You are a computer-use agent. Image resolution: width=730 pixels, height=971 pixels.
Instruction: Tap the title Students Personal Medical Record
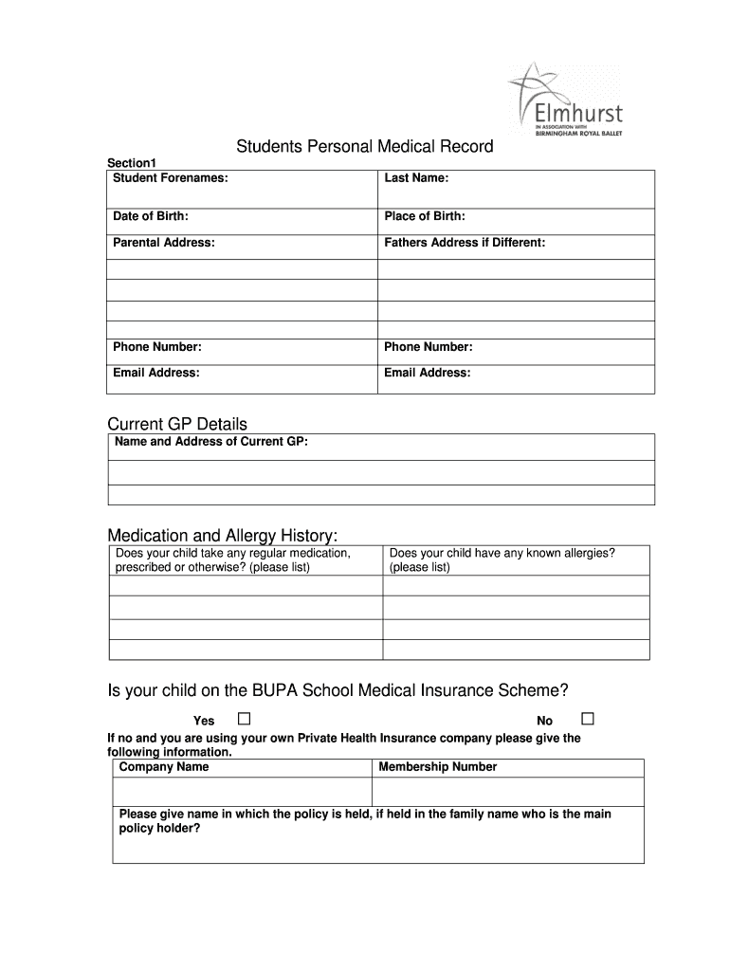click(x=365, y=147)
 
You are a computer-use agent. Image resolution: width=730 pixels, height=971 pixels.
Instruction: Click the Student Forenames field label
click(x=171, y=178)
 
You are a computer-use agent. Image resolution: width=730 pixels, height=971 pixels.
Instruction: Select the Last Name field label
click(x=416, y=178)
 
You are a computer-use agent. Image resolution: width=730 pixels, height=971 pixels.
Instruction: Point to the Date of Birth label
click(x=151, y=217)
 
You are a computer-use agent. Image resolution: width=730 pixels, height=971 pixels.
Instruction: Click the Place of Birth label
click(x=425, y=217)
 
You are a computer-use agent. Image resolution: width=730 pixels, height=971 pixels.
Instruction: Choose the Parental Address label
click(x=164, y=243)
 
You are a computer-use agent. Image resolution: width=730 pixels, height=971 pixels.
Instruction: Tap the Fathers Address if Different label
click(x=465, y=243)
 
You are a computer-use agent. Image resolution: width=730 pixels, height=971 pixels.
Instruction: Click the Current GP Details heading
click(x=177, y=424)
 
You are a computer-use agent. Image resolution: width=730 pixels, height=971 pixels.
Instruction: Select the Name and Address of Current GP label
click(x=210, y=442)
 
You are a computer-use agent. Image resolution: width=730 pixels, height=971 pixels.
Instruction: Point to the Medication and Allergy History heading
click(x=222, y=537)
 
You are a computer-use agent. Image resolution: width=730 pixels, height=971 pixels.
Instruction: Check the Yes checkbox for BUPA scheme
click(x=244, y=718)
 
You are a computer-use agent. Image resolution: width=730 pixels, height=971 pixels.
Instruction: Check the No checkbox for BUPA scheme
click(x=588, y=718)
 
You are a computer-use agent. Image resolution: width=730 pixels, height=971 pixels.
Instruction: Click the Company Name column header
click(x=164, y=767)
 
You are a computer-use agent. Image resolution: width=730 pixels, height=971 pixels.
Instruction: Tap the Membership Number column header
click(x=437, y=767)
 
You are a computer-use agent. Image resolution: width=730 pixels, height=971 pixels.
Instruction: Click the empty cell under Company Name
click(x=242, y=792)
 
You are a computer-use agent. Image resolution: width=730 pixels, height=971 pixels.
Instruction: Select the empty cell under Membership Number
click(x=507, y=792)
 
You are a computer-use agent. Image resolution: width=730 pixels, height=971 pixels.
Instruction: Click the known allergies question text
click(x=502, y=560)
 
